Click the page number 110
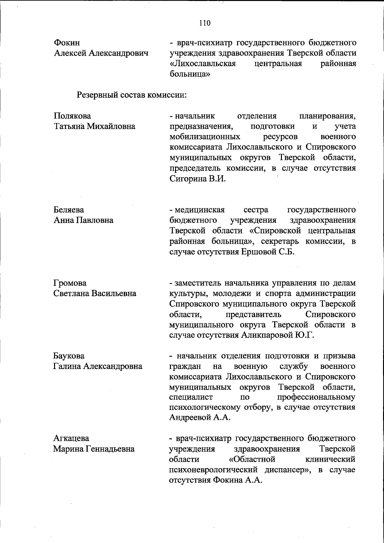(x=204, y=23)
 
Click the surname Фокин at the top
(x=67, y=43)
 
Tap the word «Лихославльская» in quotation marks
(x=203, y=64)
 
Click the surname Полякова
(x=72, y=116)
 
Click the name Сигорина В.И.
(x=197, y=179)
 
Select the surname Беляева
(x=68, y=210)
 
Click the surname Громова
(x=70, y=283)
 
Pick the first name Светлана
(x=71, y=293)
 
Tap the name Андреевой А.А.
(x=200, y=418)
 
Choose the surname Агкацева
(x=71, y=438)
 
